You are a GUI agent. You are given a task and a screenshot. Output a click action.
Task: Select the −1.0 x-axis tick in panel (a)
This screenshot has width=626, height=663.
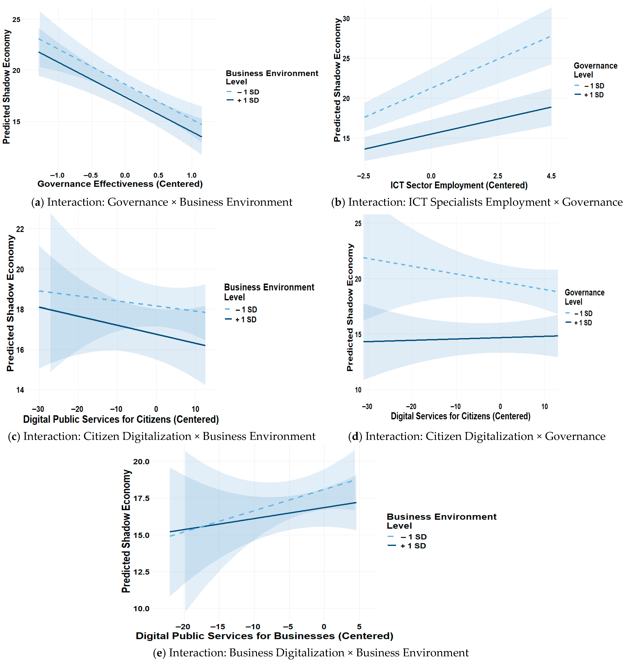click(57, 175)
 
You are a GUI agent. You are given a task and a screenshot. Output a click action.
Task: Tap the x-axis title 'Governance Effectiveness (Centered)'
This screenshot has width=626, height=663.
click(120, 184)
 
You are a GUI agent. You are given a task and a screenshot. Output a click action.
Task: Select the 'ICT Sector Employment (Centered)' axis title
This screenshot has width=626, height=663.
click(459, 185)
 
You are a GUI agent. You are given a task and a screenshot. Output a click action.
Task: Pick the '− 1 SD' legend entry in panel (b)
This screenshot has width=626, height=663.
click(594, 86)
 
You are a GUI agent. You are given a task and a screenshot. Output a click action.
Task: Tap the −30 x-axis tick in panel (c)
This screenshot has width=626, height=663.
click(38, 409)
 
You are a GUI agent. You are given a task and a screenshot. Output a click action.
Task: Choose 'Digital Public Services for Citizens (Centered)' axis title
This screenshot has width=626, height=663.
click(121, 419)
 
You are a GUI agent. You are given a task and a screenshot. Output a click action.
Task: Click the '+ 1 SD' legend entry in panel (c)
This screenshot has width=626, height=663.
click(246, 319)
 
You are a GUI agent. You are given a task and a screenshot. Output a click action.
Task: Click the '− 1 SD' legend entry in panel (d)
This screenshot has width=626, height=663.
click(583, 314)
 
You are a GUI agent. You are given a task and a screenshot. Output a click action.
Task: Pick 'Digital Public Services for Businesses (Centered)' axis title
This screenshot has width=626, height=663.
click(264, 636)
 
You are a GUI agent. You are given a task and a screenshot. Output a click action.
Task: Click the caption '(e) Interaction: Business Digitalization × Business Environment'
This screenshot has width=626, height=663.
click(311, 653)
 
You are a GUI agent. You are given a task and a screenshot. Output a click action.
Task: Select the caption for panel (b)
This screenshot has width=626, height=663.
click(477, 202)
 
